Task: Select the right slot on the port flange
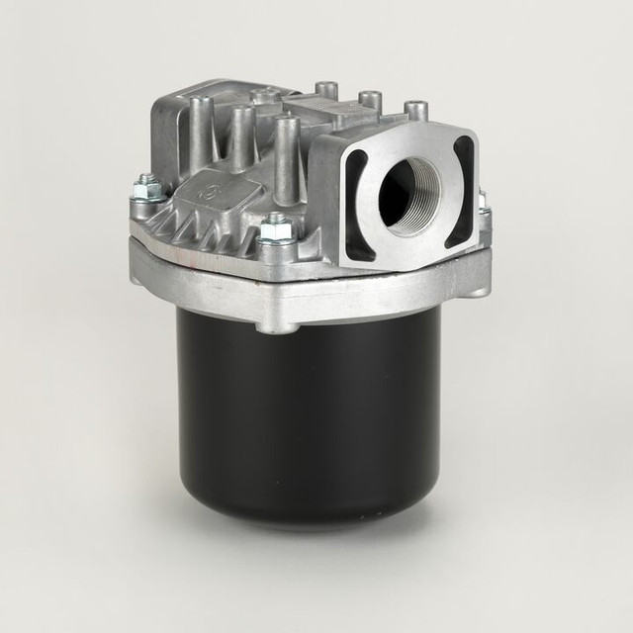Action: (x=462, y=192)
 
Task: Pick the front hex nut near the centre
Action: (x=278, y=228)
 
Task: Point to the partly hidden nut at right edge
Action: (x=483, y=206)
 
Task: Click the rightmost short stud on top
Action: (x=416, y=110)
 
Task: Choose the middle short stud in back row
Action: (x=370, y=100)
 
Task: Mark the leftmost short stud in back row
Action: (x=326, y=91)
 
